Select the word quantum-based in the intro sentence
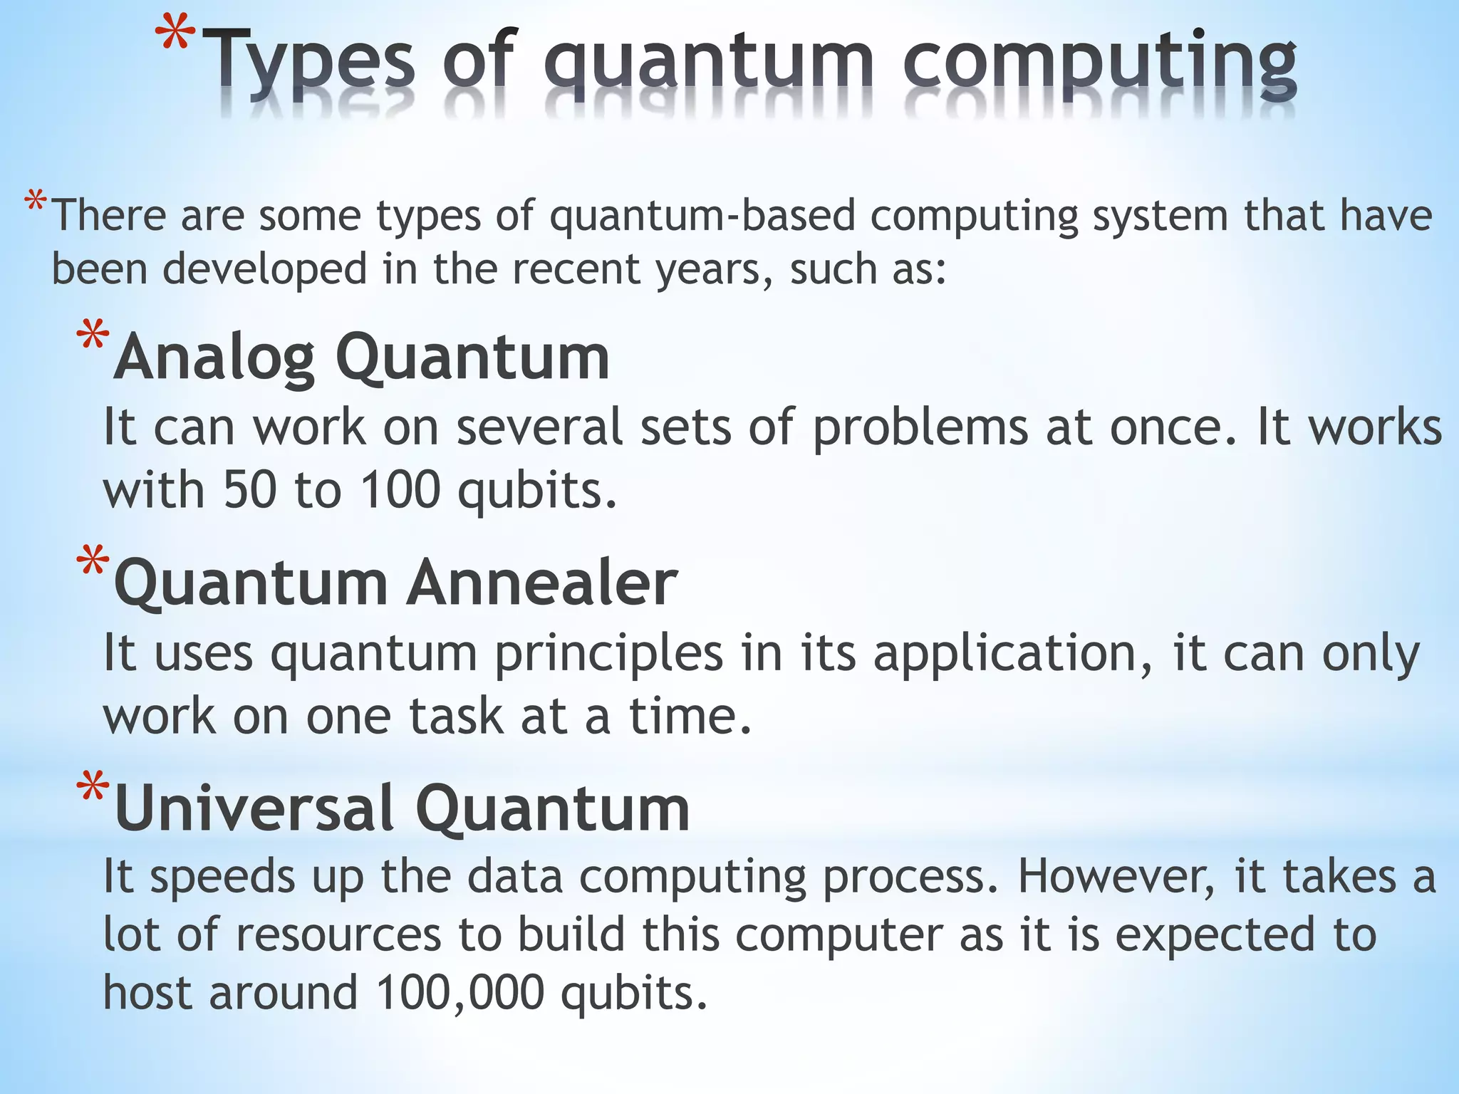pyautogui.click(x=702, y=215)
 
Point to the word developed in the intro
pyautogui.click(x=264, y=270)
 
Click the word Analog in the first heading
pyautogui.click(x=214, y=358)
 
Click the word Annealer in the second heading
pyautogui.click(x=541, y=583)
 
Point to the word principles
pyautogui.click(x=609, y=654)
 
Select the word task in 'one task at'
pyautogui.click(x=457, y=717)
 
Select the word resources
pyautogui.click(x=338, y=934)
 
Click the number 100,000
pyautogui.click(x=460, y=993)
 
